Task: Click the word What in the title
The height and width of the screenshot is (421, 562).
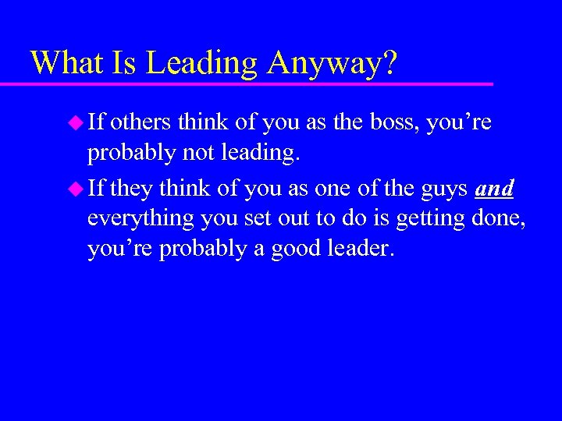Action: point(68,62)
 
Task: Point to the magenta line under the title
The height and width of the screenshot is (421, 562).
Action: point(258,83)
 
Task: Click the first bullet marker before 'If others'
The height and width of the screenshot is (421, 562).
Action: point(75,122)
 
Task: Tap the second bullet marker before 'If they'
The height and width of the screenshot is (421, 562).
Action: point(75,187)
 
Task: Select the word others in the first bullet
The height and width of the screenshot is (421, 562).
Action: point(142,122)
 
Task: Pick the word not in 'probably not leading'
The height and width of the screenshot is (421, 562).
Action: point(201,154)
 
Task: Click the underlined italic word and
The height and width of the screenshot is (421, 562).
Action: point(494,187)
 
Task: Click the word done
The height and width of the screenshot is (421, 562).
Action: point(496,219)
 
